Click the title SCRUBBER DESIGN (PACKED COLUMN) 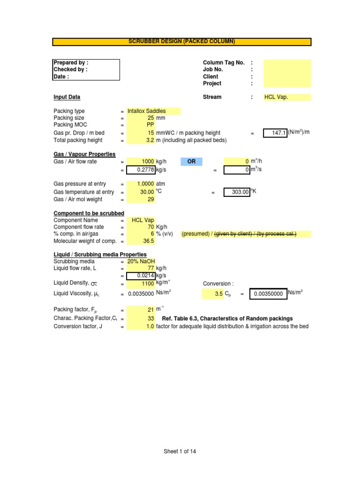point(181,42)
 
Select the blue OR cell point(191,162)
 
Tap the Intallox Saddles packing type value point(147,111)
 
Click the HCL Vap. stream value point(276,97)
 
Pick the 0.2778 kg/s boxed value point(141,170)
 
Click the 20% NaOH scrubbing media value point(141,262)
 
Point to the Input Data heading point(67,97)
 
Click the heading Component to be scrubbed point(89,213)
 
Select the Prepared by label point(71,63)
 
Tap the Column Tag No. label point(224,63)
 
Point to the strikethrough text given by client point(234,234)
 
